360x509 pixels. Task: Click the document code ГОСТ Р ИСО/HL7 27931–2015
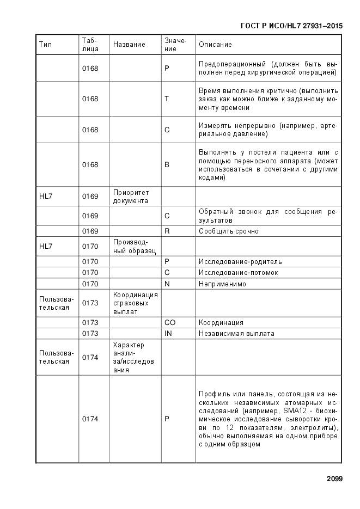(292, 26)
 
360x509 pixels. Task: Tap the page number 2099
(334, 479)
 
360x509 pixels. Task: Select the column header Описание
(215, 45)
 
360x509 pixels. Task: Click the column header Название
(129, 45)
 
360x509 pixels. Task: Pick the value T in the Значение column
(167, 99)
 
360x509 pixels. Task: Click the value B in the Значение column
(167, 164)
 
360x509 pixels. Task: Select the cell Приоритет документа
(131, 197)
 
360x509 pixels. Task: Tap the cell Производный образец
(134, 246)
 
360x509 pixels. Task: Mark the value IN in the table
(168, 334)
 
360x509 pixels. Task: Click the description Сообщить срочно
(228, 231)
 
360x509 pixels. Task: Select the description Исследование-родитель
(240, 262)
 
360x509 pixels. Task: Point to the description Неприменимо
(222, 284)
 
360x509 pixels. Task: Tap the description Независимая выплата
(236, 334)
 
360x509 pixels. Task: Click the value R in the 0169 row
(167, 231)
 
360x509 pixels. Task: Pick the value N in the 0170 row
(167, 284)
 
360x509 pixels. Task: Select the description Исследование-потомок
(239, 273)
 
